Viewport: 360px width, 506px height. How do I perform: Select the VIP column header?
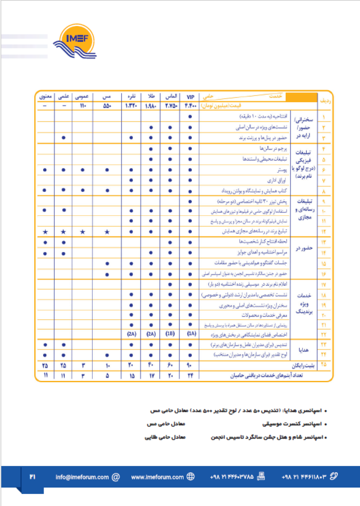pos(190,97)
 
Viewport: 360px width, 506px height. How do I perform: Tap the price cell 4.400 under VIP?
pos(190,106)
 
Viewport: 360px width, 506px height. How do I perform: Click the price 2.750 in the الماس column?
pos(171,106)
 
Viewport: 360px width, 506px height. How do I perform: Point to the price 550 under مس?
pos(107,106)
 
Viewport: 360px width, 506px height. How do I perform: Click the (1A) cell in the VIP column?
pos(190,334)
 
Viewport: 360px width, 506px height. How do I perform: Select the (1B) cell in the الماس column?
pos(171,334)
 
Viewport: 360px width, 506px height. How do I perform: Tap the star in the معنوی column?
pos(45,232)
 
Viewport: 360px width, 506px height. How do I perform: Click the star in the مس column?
pos(107,232)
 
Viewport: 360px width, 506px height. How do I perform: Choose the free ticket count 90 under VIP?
pos(190,365)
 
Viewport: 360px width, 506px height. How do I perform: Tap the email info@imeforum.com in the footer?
pos(82,477)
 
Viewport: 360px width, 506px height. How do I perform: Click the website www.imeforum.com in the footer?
pos(157,477)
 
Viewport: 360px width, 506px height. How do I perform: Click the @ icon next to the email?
pos(116,477)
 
